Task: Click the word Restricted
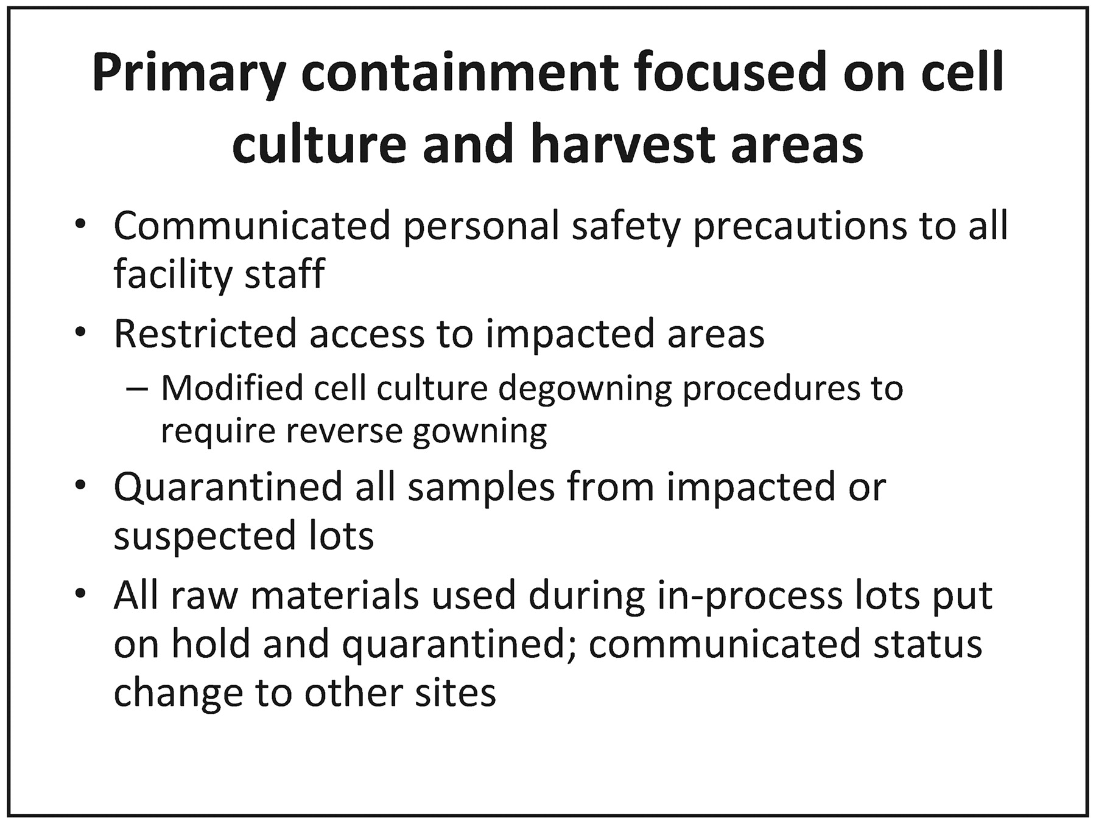coord(205,333)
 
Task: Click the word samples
coord(481,488)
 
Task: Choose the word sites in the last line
coord(455,692)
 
